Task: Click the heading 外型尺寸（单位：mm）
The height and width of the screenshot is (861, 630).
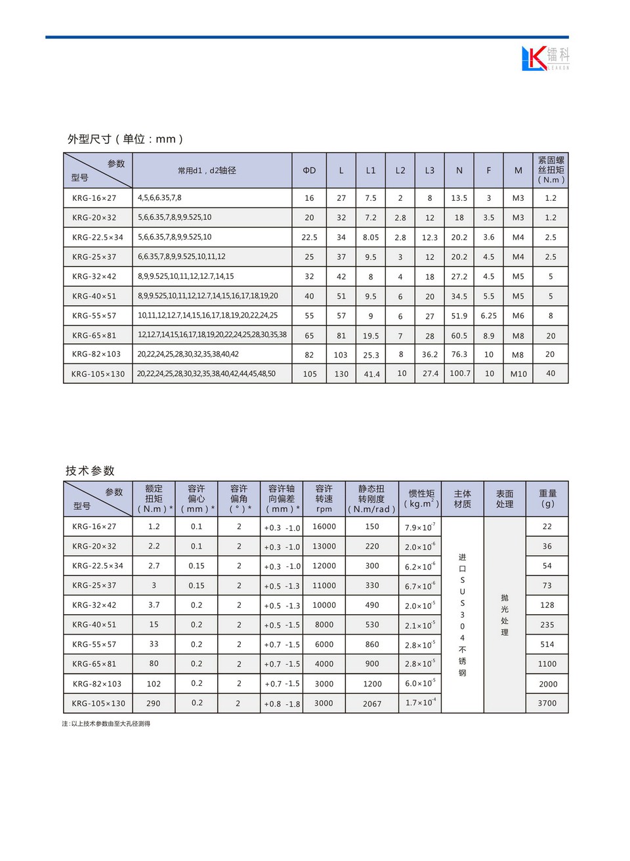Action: point(125,139)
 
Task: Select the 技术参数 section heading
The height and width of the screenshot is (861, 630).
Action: point(90,471)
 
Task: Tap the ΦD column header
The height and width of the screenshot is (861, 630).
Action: point(309,171)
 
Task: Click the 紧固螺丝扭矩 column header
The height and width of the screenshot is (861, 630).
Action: point(551,170)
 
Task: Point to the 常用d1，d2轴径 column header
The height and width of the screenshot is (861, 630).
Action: point(207,171)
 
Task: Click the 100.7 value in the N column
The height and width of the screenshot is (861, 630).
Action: point(459,373)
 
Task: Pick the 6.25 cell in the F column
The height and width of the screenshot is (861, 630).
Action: point(488,316)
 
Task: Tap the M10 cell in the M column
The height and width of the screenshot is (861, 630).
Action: point(518,374)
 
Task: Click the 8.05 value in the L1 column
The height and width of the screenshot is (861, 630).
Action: point(371,238)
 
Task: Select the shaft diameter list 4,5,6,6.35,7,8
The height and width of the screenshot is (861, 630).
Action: point(159,198)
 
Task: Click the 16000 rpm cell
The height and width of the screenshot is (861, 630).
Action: point(324,526)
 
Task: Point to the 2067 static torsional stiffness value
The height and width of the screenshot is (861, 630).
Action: point(372,703)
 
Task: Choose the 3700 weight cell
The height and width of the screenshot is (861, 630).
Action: point(547,703)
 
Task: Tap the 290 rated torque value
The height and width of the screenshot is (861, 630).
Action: point(154,703)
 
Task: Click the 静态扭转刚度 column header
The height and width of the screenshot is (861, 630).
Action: point(371,499)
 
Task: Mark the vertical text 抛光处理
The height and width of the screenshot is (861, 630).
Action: point(505,615)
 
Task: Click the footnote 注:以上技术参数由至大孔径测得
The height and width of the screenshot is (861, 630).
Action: point(106,724)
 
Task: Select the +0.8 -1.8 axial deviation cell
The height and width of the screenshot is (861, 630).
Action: point(282,703)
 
